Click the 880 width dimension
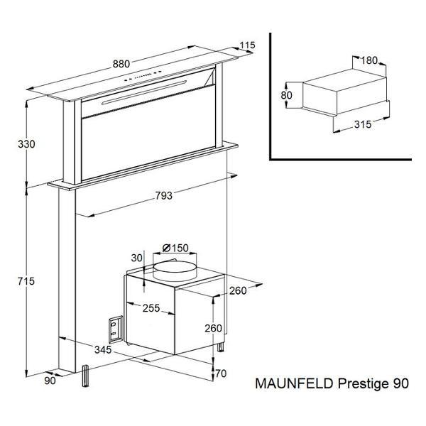(121, 64)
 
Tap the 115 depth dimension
(248, 45)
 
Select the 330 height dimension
(26, 144)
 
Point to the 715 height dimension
(26, 281)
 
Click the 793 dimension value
(164, 195)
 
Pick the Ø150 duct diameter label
(175, 248)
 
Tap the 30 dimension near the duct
(136, 258)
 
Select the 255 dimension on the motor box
(151, 308)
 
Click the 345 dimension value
(103, 349)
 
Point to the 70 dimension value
(221, 373)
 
